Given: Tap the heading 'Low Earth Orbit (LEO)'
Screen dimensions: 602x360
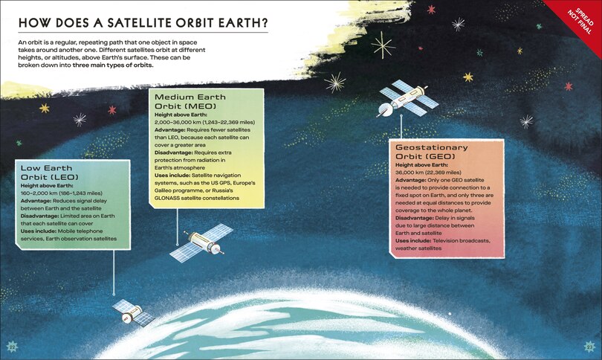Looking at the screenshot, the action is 50,173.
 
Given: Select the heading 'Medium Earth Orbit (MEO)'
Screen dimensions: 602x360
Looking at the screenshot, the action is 190,101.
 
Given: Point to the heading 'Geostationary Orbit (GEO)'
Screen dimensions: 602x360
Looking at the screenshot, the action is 432,152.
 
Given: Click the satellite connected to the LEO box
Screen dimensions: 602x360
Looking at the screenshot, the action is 133,312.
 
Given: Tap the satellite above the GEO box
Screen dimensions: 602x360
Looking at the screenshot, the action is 408,98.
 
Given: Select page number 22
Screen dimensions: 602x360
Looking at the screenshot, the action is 12,347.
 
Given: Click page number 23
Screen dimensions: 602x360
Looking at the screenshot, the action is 590,347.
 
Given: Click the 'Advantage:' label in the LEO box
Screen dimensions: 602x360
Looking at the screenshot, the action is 36,201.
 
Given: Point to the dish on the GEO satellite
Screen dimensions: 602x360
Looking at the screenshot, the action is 384,110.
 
